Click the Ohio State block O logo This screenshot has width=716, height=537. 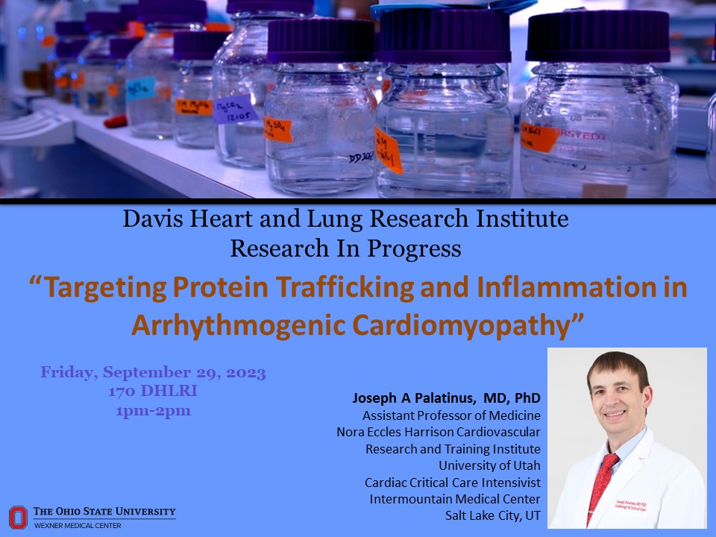pyautogui.click(x=18, y=516)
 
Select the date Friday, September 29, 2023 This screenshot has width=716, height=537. pyautogui.click(x=153, y=372)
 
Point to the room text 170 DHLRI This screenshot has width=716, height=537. pyautogui.click(x=153, y=391)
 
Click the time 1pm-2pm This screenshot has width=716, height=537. pyautogui.click(x=153, y=409)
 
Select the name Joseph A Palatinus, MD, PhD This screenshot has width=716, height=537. pyautogui.click(x=446, y=398)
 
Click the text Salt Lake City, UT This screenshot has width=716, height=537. pyautogui.click(x=492, y=515)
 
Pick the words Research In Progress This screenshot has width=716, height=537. pyautogui.click(x=345, y=248)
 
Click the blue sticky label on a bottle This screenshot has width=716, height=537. pyautogui.click(x=140, y=88)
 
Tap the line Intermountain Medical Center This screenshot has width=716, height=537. pyautogui.click(x=455, y=498)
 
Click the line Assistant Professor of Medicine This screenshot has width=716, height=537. pyautogui.click(x=451, y=415)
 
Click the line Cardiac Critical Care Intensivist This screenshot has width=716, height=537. pyautogui.click(x=452, y=482)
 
